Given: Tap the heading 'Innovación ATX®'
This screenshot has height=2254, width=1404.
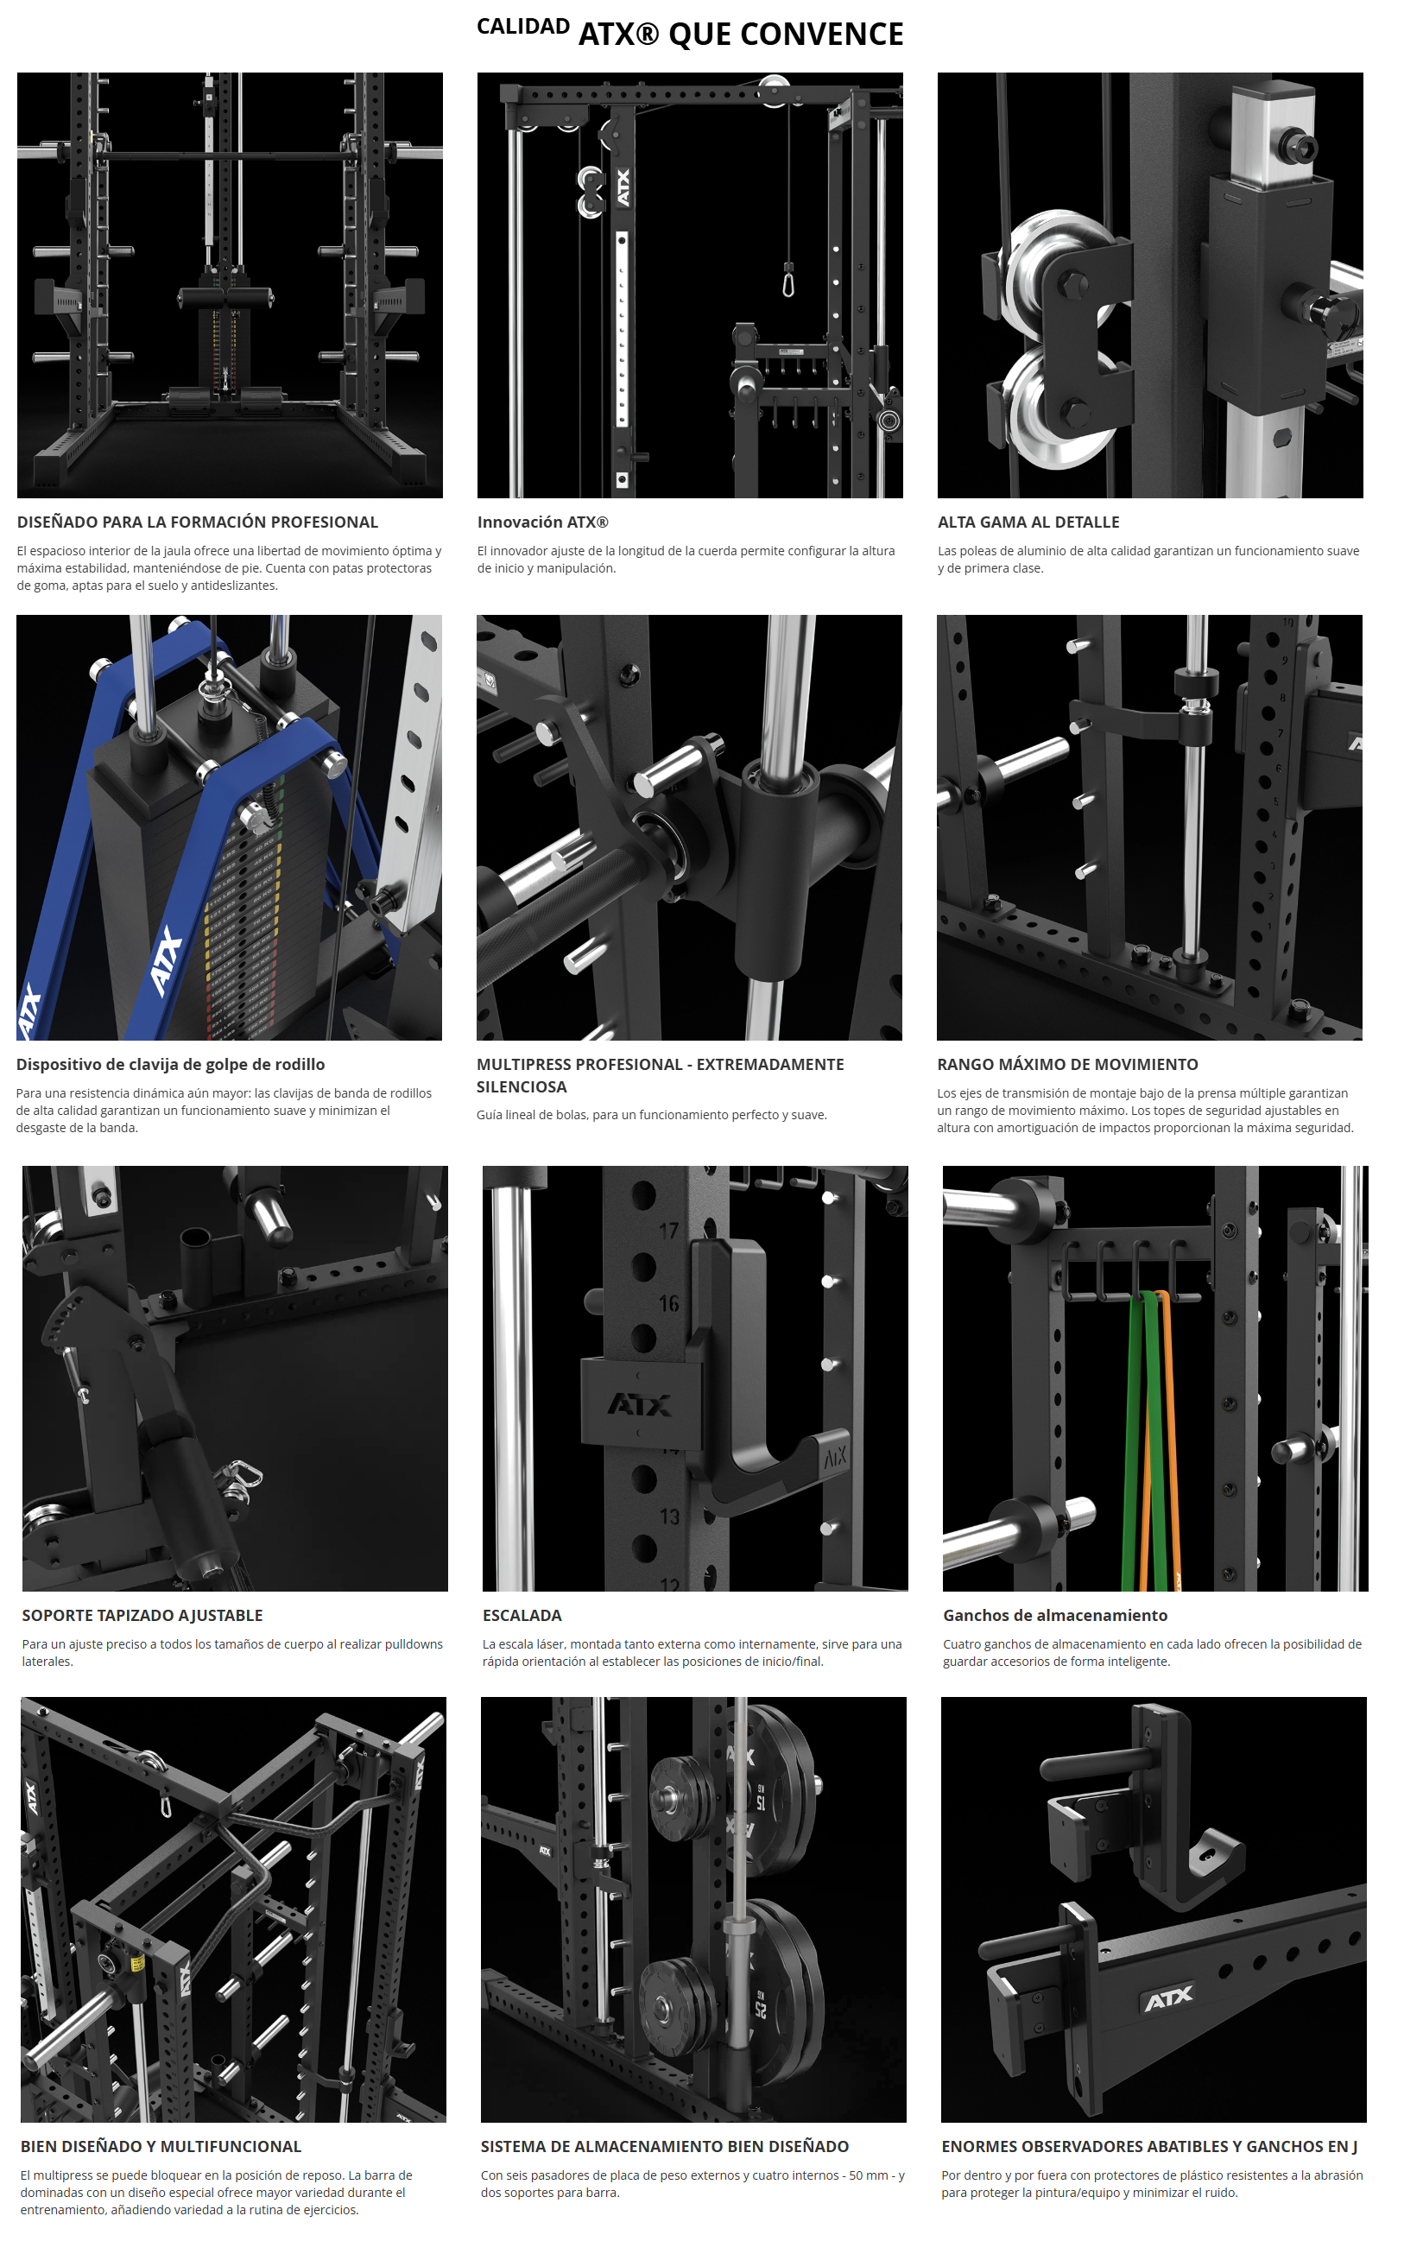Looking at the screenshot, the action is coord(542,522).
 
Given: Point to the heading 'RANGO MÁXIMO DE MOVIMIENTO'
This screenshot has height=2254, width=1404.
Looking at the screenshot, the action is coord(1067,1064).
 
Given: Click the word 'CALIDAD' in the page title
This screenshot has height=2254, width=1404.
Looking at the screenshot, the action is coord(522,27).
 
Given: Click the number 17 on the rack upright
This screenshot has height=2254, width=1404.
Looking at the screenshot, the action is coord(668,1231).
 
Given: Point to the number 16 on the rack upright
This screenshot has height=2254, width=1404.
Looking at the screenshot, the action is coord(668,1304).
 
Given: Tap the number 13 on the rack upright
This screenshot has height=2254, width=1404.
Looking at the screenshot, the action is coord(669,1516).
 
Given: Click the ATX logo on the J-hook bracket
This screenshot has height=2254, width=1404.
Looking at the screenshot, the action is coord(640,1404).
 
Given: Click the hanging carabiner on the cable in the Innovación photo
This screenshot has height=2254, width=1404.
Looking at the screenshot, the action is coord(788,281).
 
